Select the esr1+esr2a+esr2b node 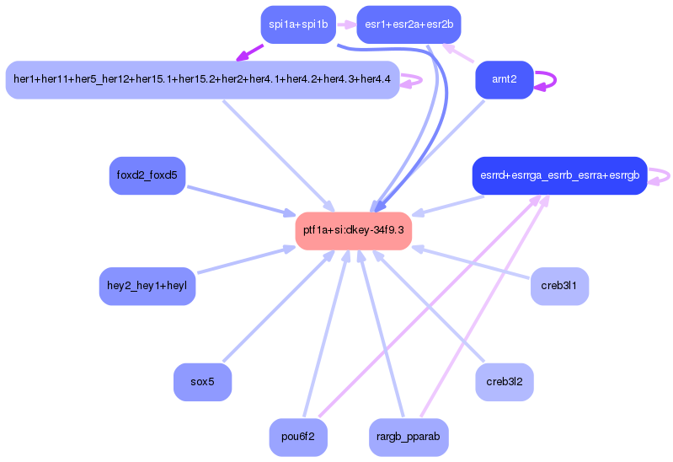pyautogui.click(x=409, y=24)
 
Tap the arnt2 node pyautogui.click(x=504, y=79)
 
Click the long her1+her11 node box pyautogui.click(x=201, y=79)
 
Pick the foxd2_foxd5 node pyautogui.click(x=147, y=175)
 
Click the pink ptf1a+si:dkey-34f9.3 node pyautogui.click(x=353, y=230)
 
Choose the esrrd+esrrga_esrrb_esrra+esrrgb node pyautogui.click(x=559, y=175)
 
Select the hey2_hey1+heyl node pyautogui.click(x=147, y=286)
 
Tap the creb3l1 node pyautogui.click(x=559, y=286)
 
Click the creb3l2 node pyautogui.click(x=504, y=382)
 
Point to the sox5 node pyautogui.click(x=202, y=382)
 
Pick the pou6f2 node pyautogui.click(x=298, y=438)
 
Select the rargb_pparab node pyautogui.click(x=409, y=438)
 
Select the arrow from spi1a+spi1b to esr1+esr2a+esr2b pyautogui.click(x=346, y=24)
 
